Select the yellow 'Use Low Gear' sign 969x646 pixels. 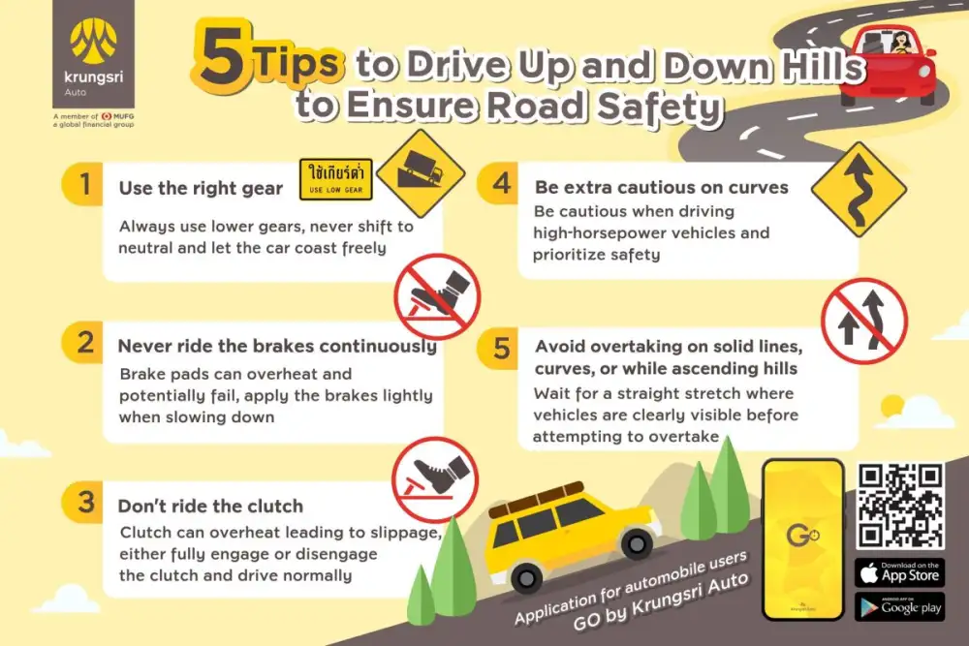336,179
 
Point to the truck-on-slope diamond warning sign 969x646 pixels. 421,173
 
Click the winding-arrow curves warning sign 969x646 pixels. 859,190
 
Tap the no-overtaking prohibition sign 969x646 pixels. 864,321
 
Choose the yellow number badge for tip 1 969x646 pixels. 83,184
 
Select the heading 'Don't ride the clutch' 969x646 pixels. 210,506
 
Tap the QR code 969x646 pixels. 900,507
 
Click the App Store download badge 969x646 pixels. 900,572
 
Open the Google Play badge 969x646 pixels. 900,606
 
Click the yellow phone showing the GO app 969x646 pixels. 803,539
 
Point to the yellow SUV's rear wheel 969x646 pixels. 526,578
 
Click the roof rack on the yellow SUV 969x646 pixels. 537,499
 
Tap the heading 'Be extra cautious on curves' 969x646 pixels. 661,187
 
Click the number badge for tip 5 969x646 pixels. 501,348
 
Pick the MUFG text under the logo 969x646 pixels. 124,116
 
